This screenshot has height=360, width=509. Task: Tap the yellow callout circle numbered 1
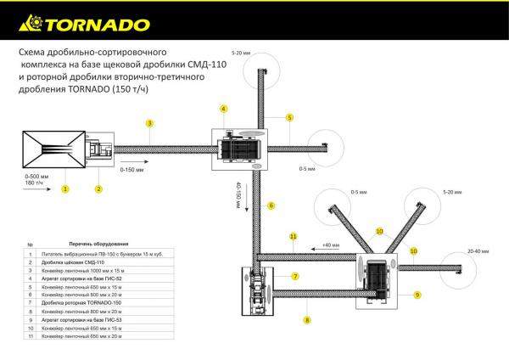click(x=64, y=188)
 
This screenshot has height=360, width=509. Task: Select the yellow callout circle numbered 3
click(x=148, y=124)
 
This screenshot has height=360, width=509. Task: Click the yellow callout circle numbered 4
click(x=223, y=110)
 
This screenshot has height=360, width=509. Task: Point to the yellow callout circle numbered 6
click(x=271, y=205)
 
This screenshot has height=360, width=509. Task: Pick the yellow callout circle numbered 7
click(x=295, y=277)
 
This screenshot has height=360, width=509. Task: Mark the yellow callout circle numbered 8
click(x=307, y=321)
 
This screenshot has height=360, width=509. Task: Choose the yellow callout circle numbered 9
click(x=417, y=295)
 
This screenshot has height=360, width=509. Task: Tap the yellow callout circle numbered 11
click(x=293, y=235)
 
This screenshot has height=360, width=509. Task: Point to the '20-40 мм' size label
click(x=478, y=251)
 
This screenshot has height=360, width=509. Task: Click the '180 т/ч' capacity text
click(x=35, y=183)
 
